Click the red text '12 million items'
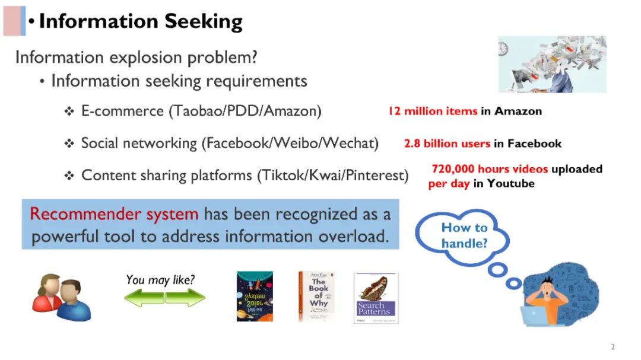(x=433, y=111)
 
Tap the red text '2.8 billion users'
(x=447, y=144)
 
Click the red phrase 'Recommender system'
(x=114, y=214)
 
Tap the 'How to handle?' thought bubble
(x=464, y=235)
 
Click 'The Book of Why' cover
(x=316, y=297)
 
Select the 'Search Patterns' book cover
(x=376, y=298)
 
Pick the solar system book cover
(x=255, y=296)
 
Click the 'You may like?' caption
(x=160, y=279)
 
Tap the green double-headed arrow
(x=164, y=298)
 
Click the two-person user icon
(x=61, y=297)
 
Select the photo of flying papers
(x=552, y=64)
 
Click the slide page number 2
(x=613, y=346)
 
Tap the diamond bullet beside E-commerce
(x=69, y=111)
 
